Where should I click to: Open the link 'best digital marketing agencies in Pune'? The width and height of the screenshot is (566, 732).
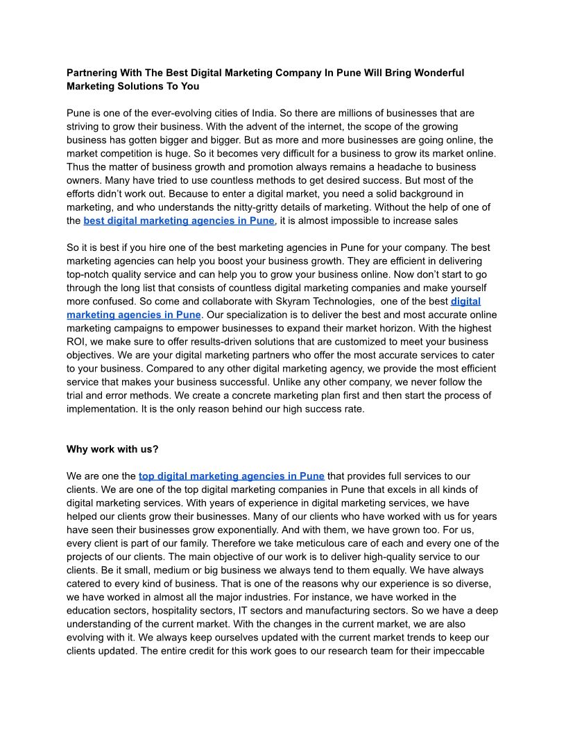coord(179,221)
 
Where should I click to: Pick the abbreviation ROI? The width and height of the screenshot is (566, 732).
coord(77,342)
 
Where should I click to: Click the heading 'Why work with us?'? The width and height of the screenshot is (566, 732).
coord(112,449)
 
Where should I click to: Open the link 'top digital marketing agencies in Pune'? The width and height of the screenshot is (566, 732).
coord(231,476)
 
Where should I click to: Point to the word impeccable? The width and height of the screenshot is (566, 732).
coord(459,651)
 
